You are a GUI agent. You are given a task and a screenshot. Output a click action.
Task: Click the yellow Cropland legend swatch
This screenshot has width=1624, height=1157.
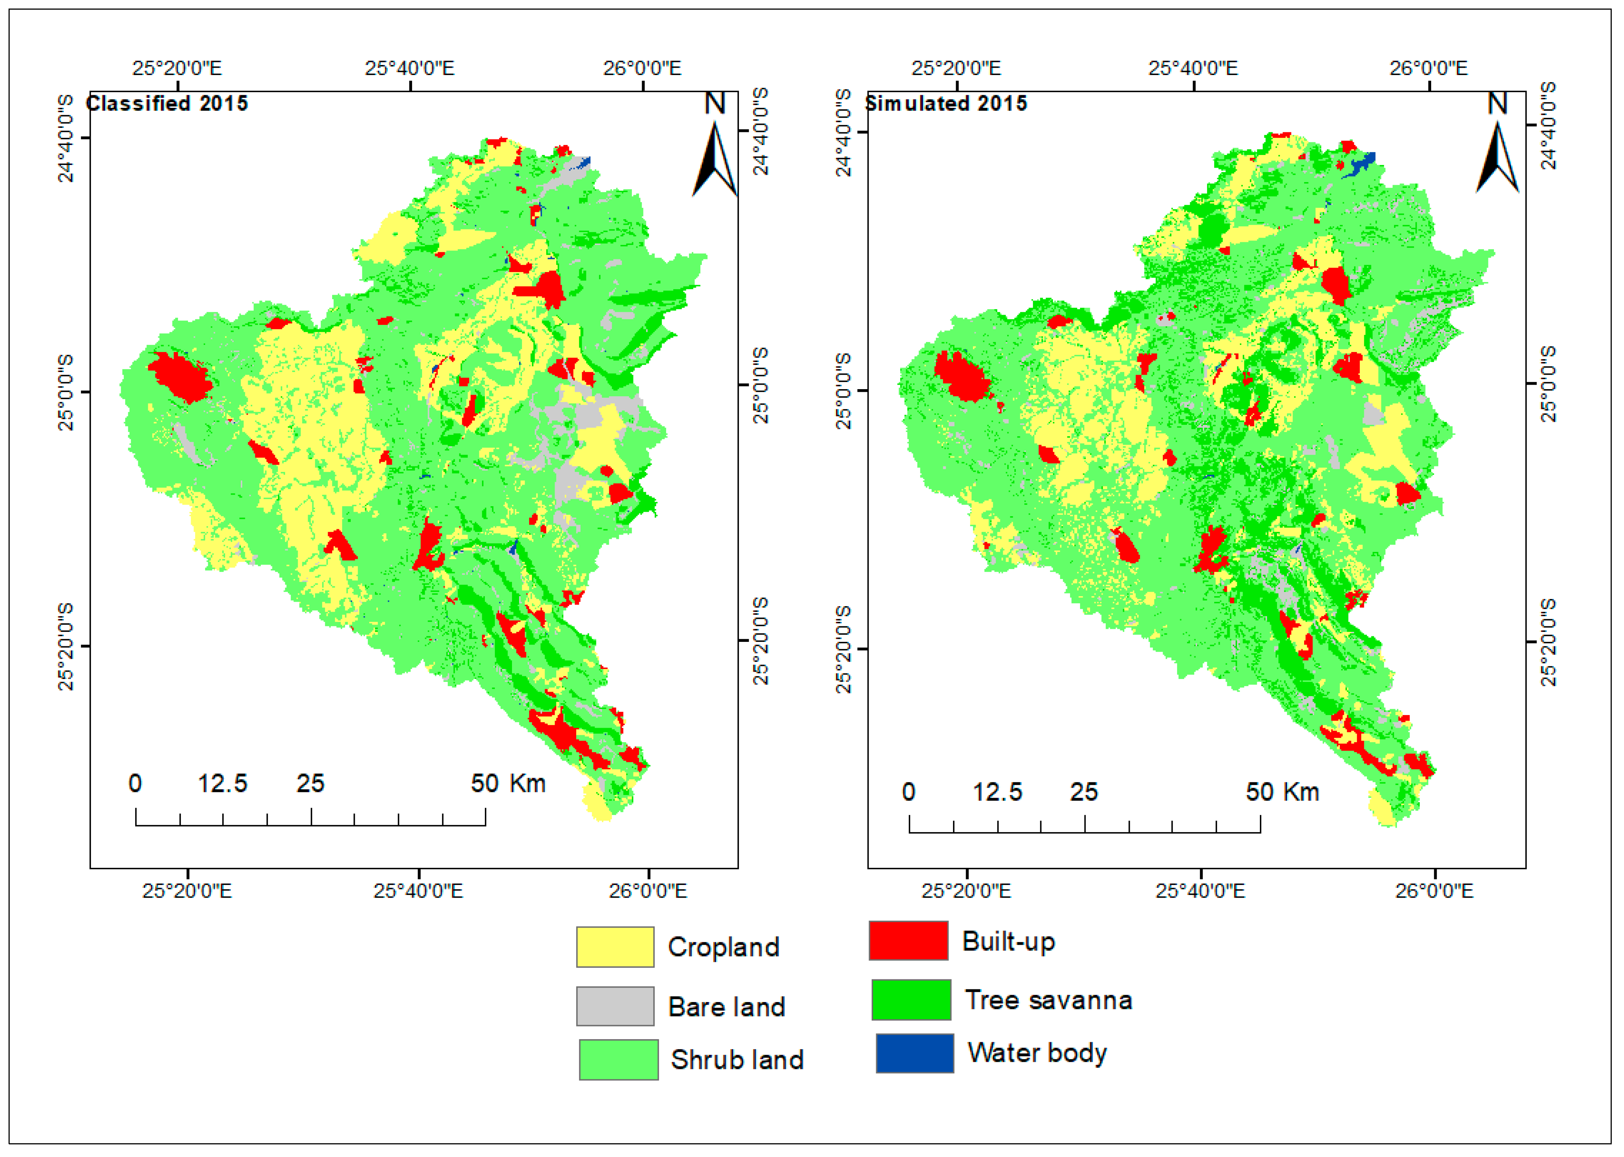tap(615, 947)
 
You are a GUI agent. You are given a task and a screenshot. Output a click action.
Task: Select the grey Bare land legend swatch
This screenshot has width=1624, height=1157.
tap(615, 1006)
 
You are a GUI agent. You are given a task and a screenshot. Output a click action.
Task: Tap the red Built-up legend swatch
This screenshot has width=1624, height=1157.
tap(908, 940)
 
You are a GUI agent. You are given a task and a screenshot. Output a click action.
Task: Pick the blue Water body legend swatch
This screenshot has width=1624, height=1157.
tap(915, 1053)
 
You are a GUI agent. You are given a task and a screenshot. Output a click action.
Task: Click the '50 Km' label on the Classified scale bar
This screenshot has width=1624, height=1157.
tap(508, 784)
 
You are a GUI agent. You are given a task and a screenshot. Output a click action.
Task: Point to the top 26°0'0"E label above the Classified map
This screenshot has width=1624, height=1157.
tap(642, 68)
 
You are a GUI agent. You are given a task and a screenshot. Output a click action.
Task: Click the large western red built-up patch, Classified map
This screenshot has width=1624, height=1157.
tap(179, 376)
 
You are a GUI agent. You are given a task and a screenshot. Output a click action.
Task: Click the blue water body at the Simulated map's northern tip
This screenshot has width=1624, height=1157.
tap(1362, 163)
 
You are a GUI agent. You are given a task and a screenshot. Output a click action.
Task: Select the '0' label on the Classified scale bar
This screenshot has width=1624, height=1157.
tap(134, 784)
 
